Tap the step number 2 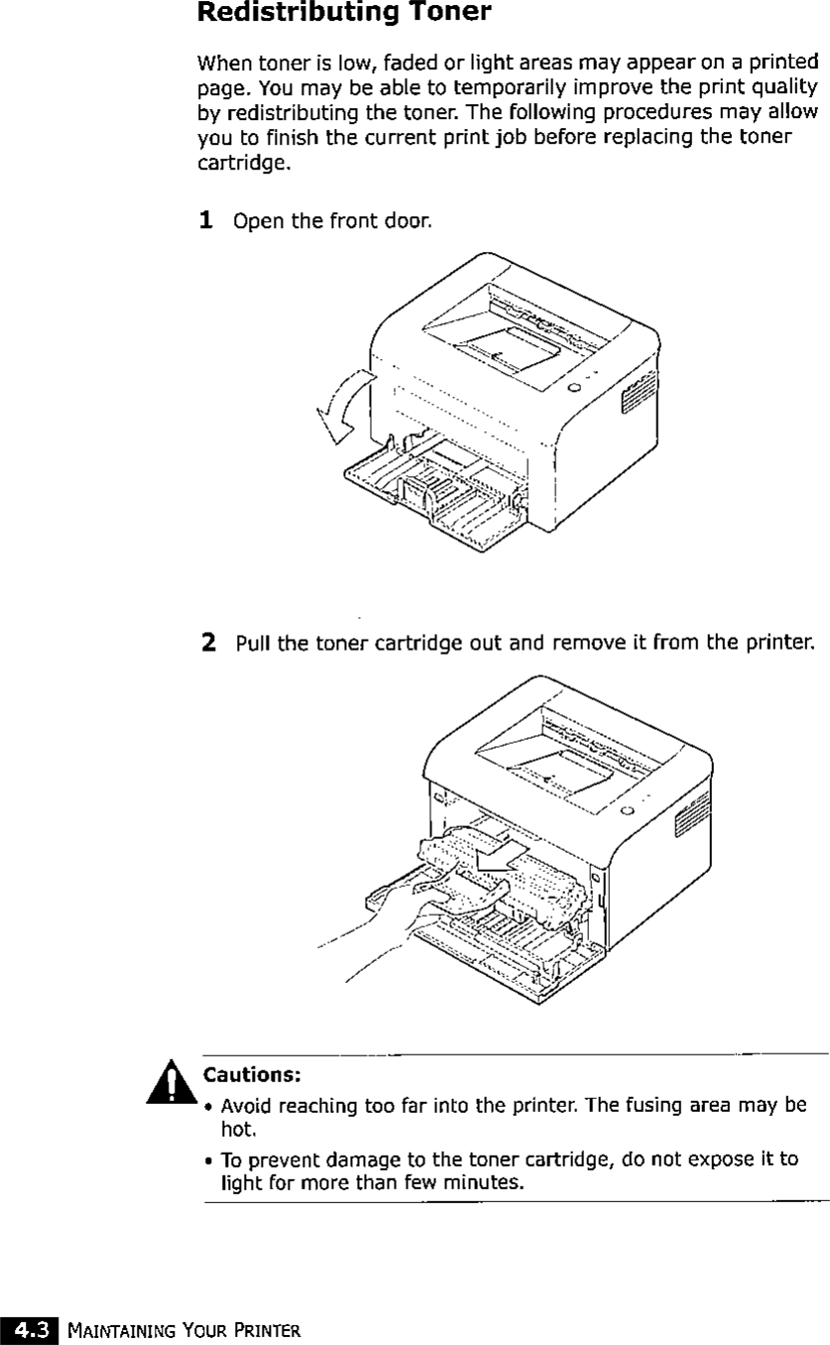208,644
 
